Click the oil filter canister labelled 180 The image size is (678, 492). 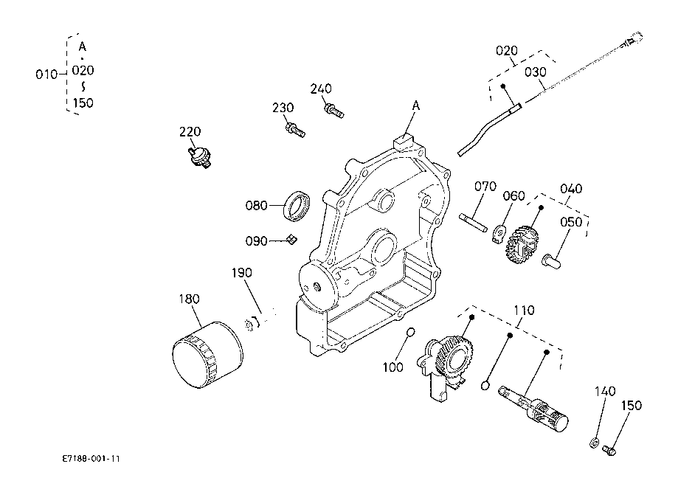207,355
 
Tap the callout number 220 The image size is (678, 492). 190,131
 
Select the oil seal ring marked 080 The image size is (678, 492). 297,206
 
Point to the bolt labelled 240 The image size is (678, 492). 333,110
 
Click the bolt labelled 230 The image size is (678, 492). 295,129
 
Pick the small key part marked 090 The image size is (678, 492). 292,239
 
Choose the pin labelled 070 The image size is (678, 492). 473,222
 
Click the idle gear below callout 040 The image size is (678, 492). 523,244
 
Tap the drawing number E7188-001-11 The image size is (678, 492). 91,459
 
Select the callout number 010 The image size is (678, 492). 46,75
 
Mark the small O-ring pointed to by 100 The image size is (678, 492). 410,332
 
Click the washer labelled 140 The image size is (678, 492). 594,443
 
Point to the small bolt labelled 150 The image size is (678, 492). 609,451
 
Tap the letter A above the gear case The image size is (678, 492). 416,105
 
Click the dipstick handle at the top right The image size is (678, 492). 633,38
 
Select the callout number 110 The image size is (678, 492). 524,311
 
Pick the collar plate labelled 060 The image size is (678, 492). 498,234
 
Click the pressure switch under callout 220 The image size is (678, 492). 199,156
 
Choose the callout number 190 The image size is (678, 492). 242,273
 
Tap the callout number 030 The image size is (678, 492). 536,72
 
